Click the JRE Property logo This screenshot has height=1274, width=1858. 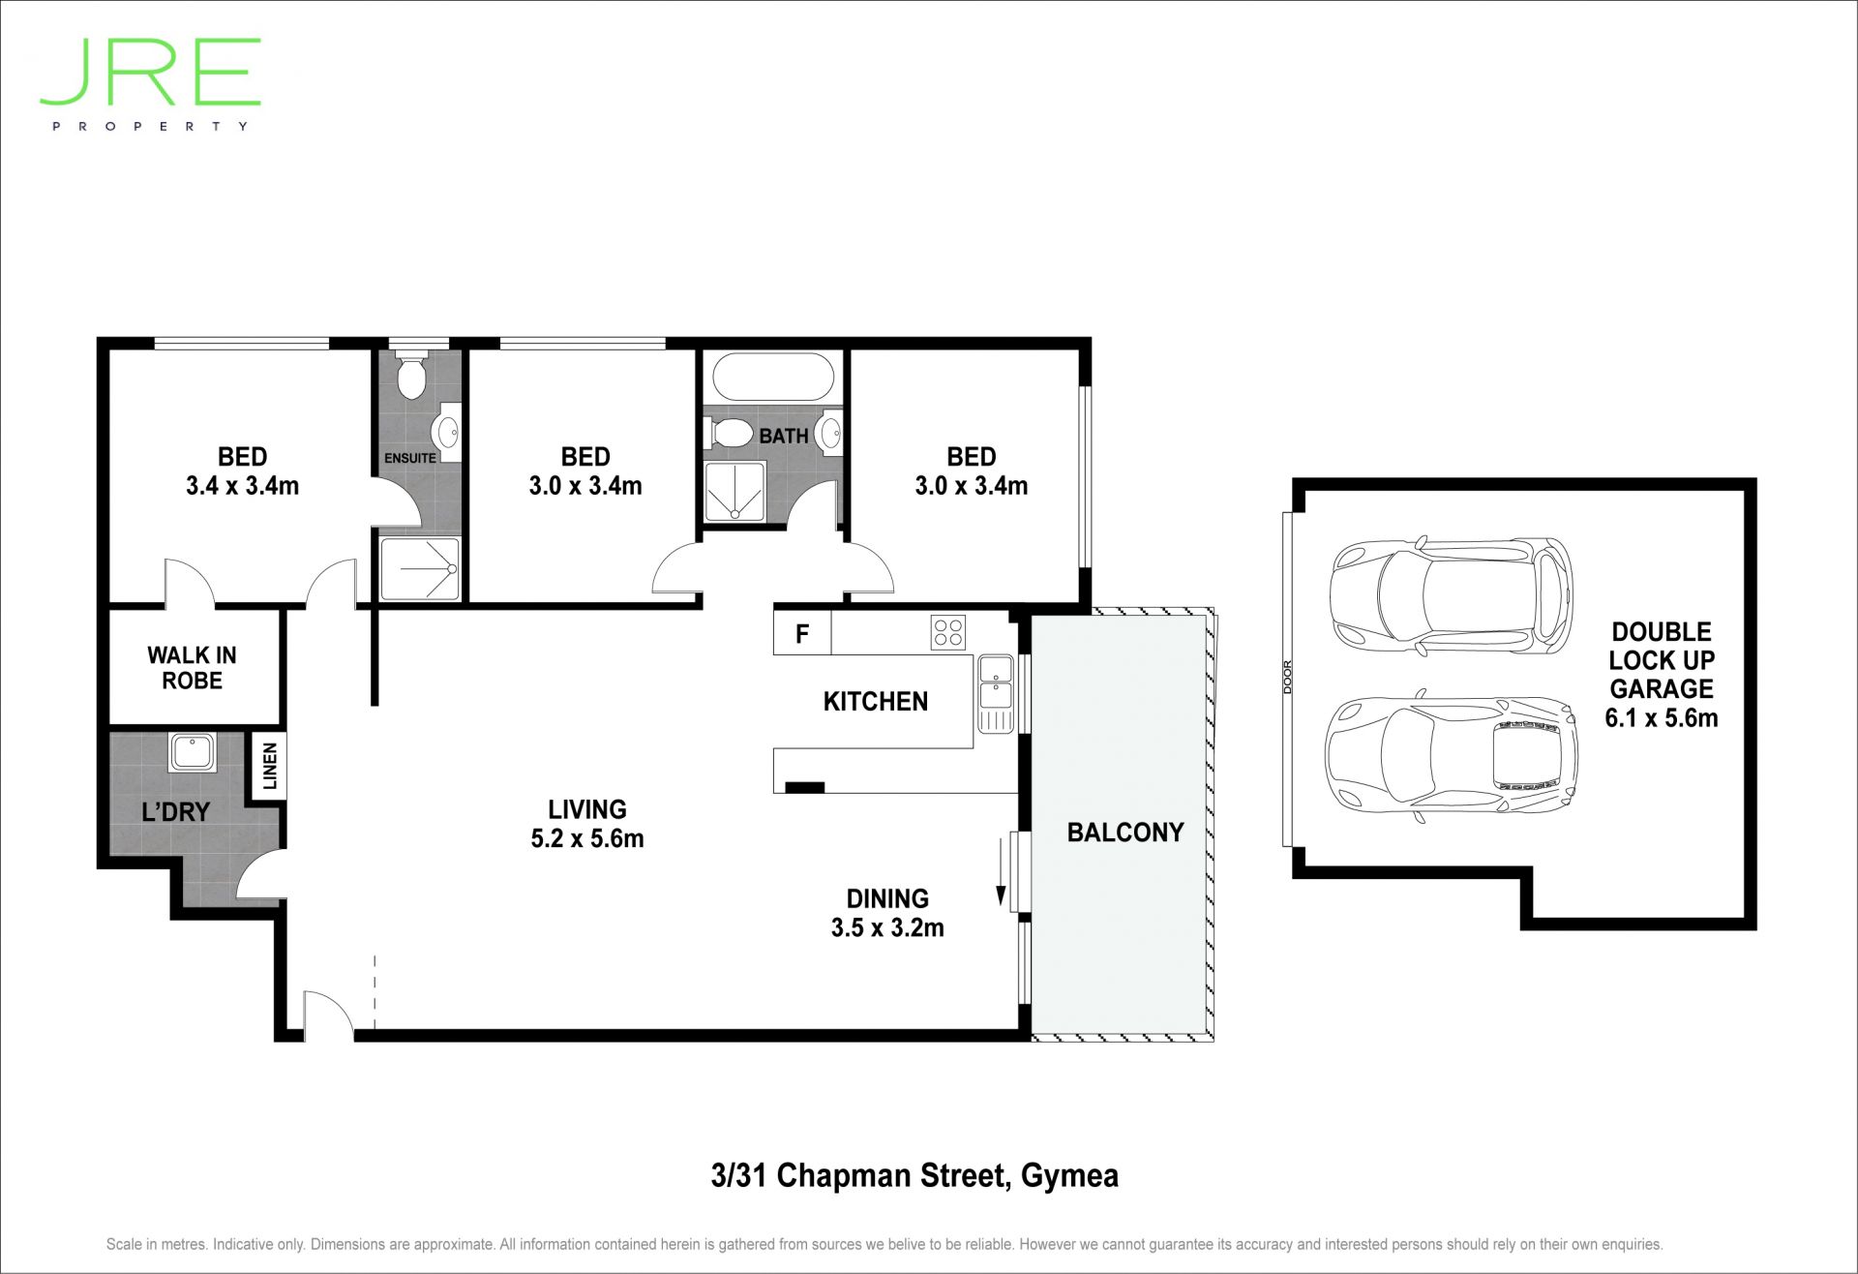pyautogui.click(x=151, y=84)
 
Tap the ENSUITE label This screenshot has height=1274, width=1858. pyautogui.click(x=410, y=458)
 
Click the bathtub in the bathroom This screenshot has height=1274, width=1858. pyautogui.click(x=772, y=377)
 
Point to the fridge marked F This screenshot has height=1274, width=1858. pyautogui.click(x=802, y=634)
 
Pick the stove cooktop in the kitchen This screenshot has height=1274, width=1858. pyautogui.click(x=947, y=632)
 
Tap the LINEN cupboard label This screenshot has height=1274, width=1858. pyautogui.click(x=270, y=766)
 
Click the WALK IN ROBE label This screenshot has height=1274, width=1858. pyautogui.click(x=192, y=668)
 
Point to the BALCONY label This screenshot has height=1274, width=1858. pyautogui.click(x=1125, y=833)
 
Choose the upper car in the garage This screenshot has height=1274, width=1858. pyautogui.click(x=1452, y=594)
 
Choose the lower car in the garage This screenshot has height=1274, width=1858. pyautogui.click(x=1451, y=755)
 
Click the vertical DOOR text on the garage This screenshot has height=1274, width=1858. pyautogui.click(x=1288, y=677)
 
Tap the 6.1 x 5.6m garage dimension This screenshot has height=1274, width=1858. pyautogui.click(x=1662, y=718)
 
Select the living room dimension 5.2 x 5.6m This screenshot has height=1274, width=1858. pyautogui.click(x=587, y=838)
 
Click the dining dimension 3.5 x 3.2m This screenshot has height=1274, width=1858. pyautogui.click(x=887, y=927)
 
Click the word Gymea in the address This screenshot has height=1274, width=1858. pyautogui.click(x=1070, y=1175)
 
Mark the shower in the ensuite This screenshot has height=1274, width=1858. pyautogui.click(x=420, y=569)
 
